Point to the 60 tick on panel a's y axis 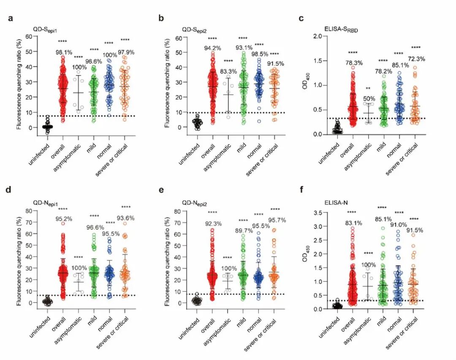29,36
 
